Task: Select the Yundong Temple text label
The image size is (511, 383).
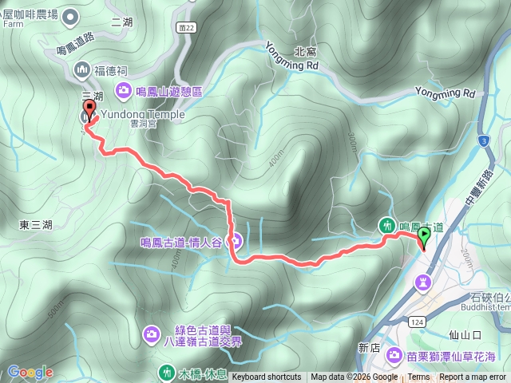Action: pos(143,115)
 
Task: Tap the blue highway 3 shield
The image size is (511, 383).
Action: pos(484,141)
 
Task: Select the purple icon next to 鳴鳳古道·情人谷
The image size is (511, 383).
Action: pos(237,239)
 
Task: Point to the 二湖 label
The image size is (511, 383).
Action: pos(122,22)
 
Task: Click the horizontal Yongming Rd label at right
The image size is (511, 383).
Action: pos(445,94)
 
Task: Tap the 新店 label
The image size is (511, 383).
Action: pos(369,348)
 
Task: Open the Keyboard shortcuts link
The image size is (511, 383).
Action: pos(267,377)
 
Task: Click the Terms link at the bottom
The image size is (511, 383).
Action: pos(418,377)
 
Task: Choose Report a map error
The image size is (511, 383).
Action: pos(473,377)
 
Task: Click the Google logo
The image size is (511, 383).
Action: pos(30,372)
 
